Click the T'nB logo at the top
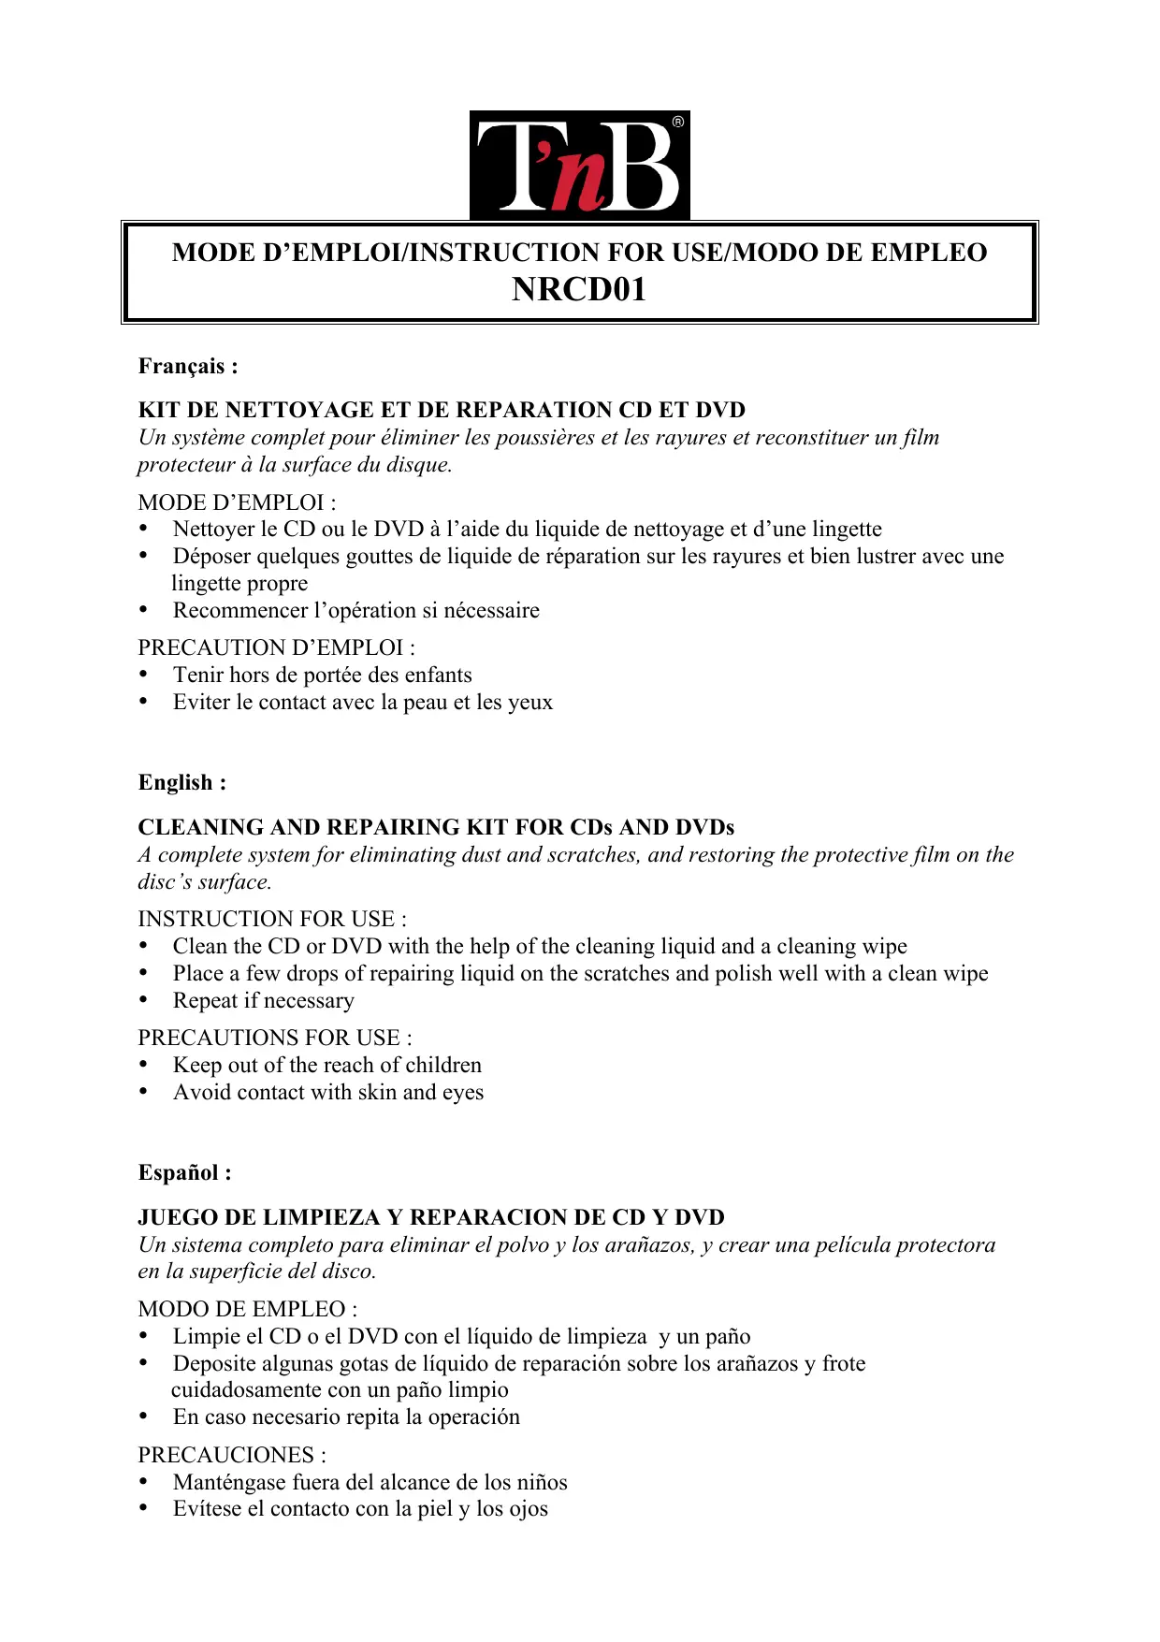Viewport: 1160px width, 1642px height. pyautogui.click(x=579, y=166)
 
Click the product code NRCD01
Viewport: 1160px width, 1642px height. pyautogui.click(x=579, y=290)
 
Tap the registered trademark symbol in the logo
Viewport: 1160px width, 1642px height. pyautogui.click(x=678, y=122)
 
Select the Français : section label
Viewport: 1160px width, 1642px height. pyautogui.click(x=188, y=366)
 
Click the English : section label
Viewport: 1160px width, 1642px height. pyautogui.click(x=182, y=782)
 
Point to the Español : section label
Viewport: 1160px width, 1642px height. pyautogui.click(x=185, y=1172)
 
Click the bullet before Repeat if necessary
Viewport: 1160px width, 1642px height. pyautogui.click(x=144, y=1000)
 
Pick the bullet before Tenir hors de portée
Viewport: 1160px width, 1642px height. pyautogui.click(x=144, y=675)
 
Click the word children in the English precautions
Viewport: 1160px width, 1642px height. pyautogui.click(x=443, y=1065)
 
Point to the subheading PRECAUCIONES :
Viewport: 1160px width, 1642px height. pyautogui.click(x=232, y=1455)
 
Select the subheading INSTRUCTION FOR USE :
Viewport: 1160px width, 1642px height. pyautogui.click(x=272, y=919)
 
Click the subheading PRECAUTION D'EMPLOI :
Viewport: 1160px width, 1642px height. pyautogui.click(x=276, y=647)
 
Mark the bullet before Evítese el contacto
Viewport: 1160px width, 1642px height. pyautogui.click(x=144, y=1508)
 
